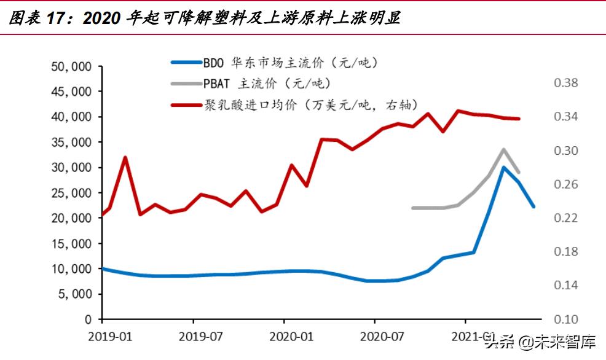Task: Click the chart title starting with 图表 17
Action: [x=203, y=18]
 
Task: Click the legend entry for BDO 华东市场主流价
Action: [x=289, y=62]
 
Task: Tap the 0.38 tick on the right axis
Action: [x=567, y=83]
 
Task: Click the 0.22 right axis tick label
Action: [x=567, y=218]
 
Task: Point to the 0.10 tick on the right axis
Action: [x=567, y=319]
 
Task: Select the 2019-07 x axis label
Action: [x=193, y=337]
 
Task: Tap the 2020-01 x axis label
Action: [x=284, y=337]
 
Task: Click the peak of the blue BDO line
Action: [x=503, y=167]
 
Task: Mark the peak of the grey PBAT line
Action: [x=503, y=149]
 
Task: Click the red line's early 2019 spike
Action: [x=125, y=157]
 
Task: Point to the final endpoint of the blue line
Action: [x=533, y=206]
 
